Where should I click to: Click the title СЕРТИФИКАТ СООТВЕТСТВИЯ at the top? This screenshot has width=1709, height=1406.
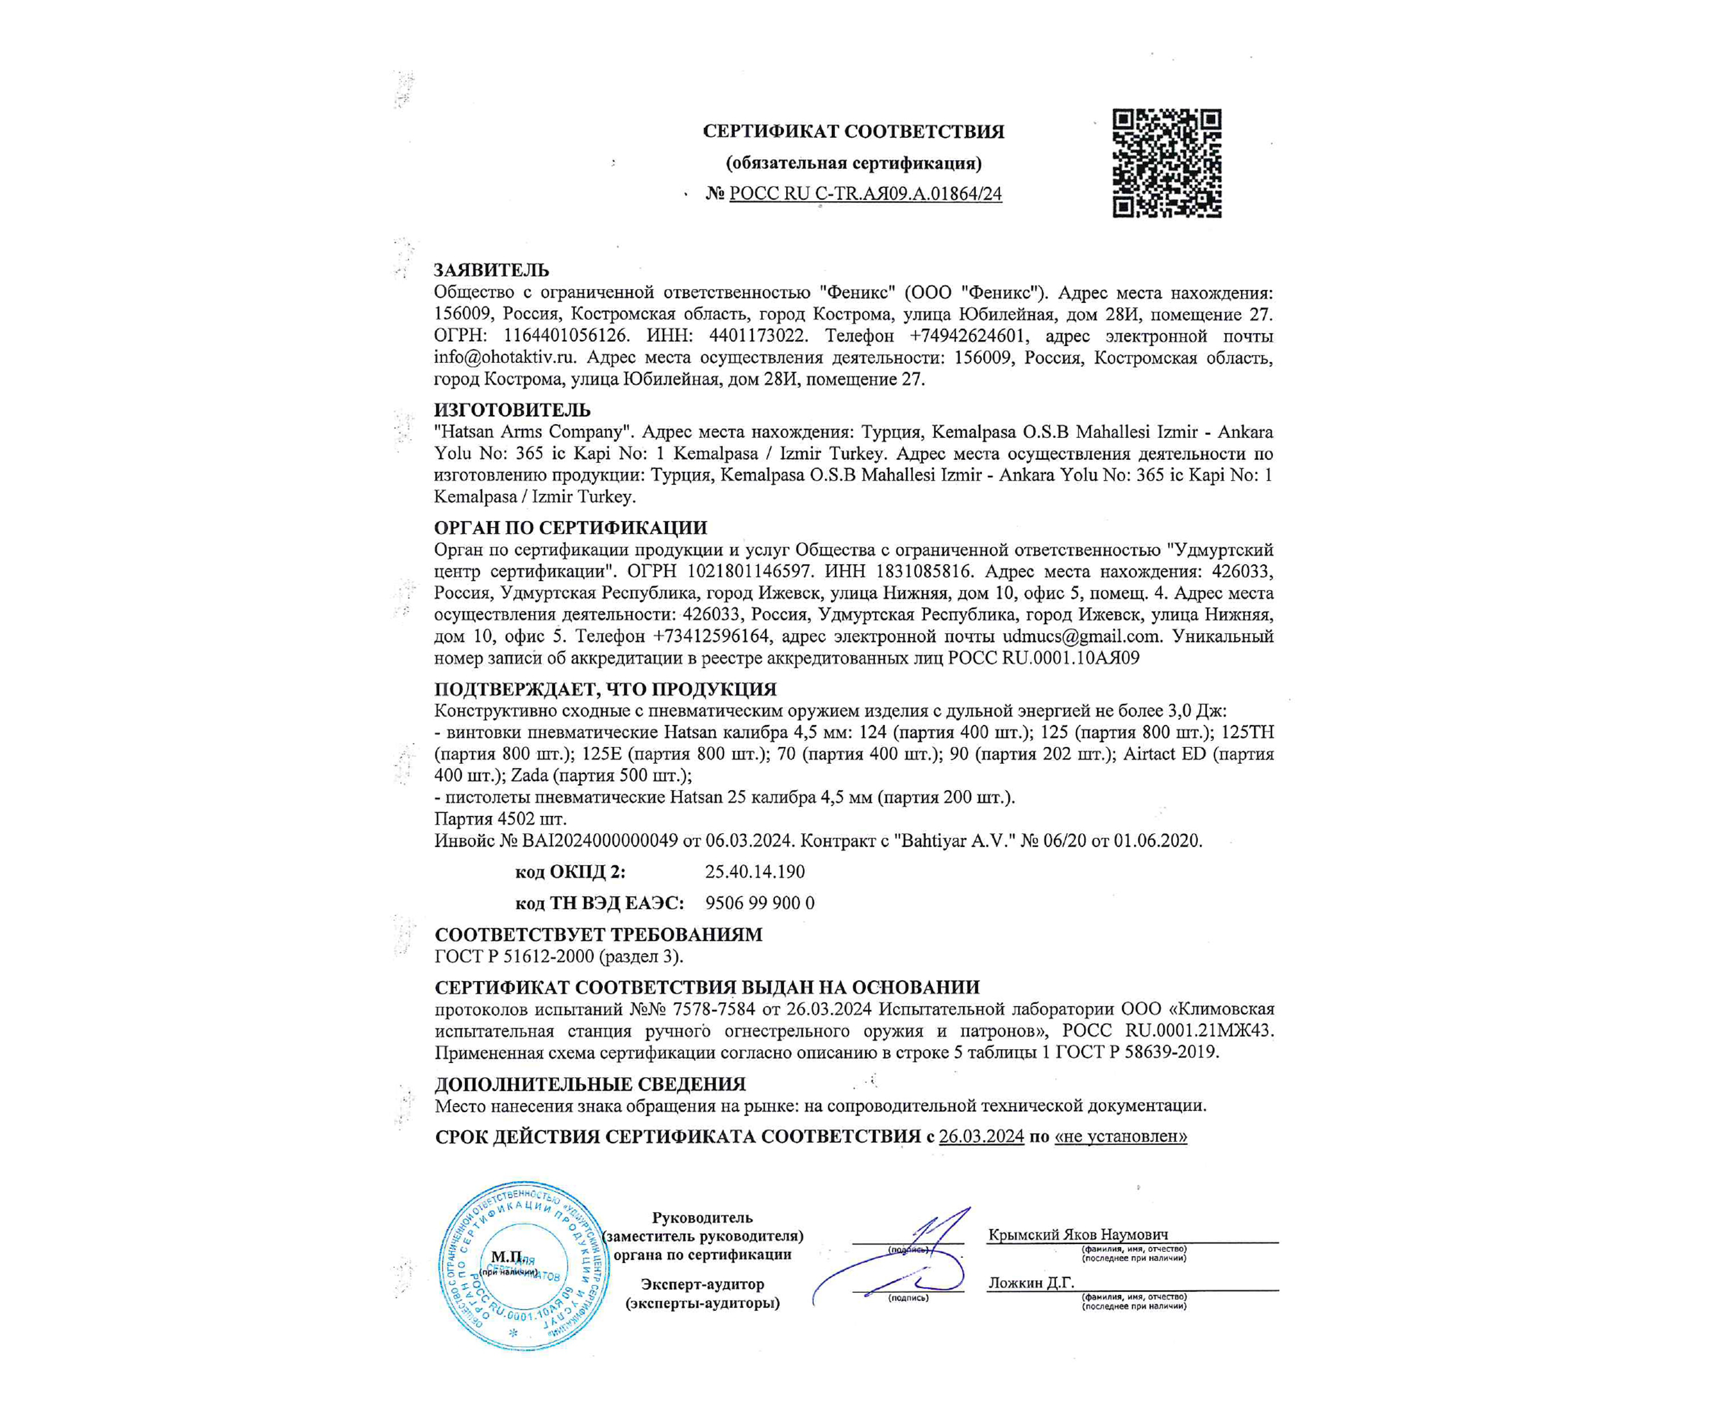tap(853, 131)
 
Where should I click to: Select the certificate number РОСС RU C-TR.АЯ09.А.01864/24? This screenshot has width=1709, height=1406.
tap(865, 194)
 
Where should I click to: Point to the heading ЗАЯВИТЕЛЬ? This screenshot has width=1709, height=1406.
tap(491, 270)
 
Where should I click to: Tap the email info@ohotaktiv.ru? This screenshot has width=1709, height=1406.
tap(504, 357)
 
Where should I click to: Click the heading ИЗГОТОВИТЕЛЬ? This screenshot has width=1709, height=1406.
tap(512, 410)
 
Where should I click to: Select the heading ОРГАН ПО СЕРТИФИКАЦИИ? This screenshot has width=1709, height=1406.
tap(570, 528)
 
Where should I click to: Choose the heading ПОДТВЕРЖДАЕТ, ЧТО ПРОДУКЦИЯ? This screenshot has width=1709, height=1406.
tap(605, 689)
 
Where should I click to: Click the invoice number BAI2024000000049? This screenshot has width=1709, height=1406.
tap(599, 841)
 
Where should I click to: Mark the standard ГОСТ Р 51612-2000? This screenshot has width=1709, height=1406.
tap(514, 957)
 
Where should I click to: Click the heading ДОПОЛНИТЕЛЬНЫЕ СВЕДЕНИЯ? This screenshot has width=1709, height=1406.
tap(589, 1084)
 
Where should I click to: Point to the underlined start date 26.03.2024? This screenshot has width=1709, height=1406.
tap(981, 1136)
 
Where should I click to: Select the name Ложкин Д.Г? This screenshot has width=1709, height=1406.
tap(1030, 1283)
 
